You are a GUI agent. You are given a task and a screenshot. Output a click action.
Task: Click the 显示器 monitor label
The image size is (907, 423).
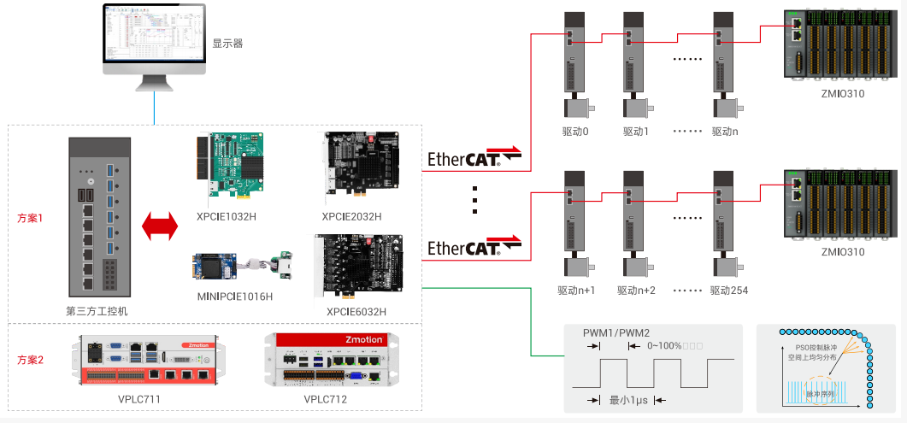[x=227, y=43]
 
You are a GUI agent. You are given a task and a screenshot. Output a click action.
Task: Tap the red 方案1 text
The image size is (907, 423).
[x=30, y=218]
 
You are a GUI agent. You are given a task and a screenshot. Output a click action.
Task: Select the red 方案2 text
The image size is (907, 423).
[x=30, y=360]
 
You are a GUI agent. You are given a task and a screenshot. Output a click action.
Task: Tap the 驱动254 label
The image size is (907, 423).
[x=729, y=291]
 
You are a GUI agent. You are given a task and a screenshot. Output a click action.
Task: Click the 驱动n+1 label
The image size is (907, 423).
[x=576, y=291]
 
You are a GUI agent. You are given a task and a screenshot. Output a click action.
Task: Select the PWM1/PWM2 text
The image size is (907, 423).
[x=616, y=332]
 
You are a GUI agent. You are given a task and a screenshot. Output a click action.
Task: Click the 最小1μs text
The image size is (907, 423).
[x=627, y=399]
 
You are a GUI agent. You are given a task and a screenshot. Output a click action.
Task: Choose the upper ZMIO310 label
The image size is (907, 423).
[x=842, y=93]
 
